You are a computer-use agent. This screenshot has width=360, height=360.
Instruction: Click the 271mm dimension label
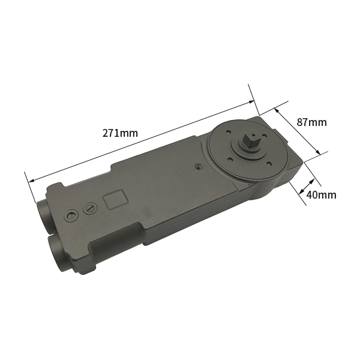pos(120,133)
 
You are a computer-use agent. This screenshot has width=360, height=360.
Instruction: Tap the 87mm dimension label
pos(311,122)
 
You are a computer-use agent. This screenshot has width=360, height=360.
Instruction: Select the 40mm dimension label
pos(321,194)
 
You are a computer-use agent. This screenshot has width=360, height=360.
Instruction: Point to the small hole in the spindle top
pos(252,136)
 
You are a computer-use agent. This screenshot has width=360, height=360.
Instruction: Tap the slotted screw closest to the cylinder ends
pos(71,216)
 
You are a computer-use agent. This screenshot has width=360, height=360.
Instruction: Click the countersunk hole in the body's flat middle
pos(198,167)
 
